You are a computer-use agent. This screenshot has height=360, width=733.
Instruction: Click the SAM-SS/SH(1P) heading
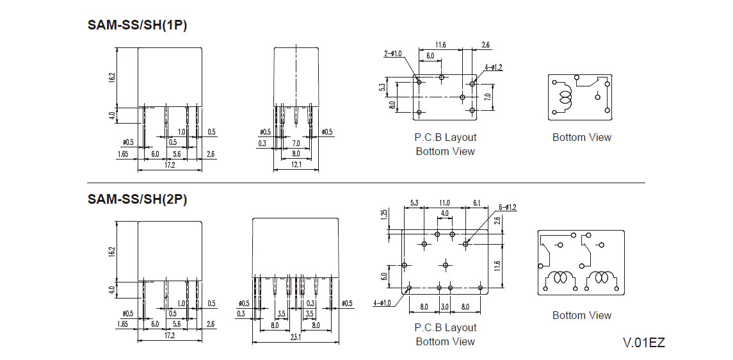137,25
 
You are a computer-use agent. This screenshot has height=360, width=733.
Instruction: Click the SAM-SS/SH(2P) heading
137,199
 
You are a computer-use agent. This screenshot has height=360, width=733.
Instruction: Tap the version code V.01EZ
644,343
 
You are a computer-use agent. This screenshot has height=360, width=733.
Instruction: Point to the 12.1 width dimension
296,165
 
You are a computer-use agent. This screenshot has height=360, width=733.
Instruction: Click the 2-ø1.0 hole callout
392,54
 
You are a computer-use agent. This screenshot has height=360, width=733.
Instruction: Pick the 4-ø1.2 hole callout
493,67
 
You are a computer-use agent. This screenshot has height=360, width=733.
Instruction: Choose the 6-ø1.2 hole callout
508,207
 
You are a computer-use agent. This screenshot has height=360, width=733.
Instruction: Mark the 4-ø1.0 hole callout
382,303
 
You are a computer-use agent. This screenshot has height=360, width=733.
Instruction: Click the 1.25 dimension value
384,215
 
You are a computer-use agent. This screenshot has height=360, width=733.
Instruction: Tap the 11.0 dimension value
444,203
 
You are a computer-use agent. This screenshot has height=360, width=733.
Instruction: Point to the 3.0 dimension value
444,307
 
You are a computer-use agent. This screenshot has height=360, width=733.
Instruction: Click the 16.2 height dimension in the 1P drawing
112,78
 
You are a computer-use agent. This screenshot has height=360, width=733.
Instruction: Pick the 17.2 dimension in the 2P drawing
169,336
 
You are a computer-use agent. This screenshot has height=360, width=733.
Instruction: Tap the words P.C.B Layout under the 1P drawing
446,138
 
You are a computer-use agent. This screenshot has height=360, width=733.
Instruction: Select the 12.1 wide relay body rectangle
296,76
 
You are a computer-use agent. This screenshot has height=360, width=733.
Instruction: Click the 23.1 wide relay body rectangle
296,247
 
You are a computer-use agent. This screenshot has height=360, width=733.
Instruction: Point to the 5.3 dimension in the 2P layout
415,203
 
